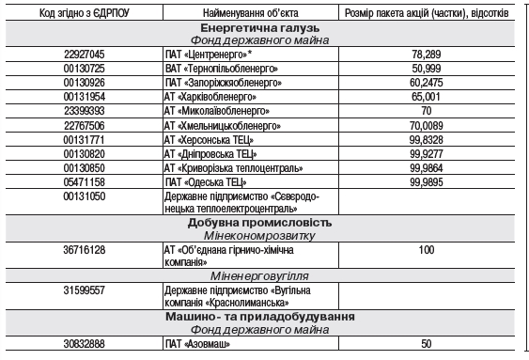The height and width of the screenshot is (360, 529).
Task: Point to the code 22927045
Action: pyautogui.click(x=85, y=55)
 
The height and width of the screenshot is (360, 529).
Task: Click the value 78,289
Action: pyautogui.click(x=426, y=55)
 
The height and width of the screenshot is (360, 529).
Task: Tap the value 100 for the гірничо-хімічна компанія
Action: pyautogui.click(x=426, y=251)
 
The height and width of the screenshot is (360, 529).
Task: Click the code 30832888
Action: pyautogui.click(x=85, y=345)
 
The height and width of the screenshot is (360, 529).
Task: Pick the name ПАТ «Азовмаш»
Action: pyautogui.click(x=197, y=345)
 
